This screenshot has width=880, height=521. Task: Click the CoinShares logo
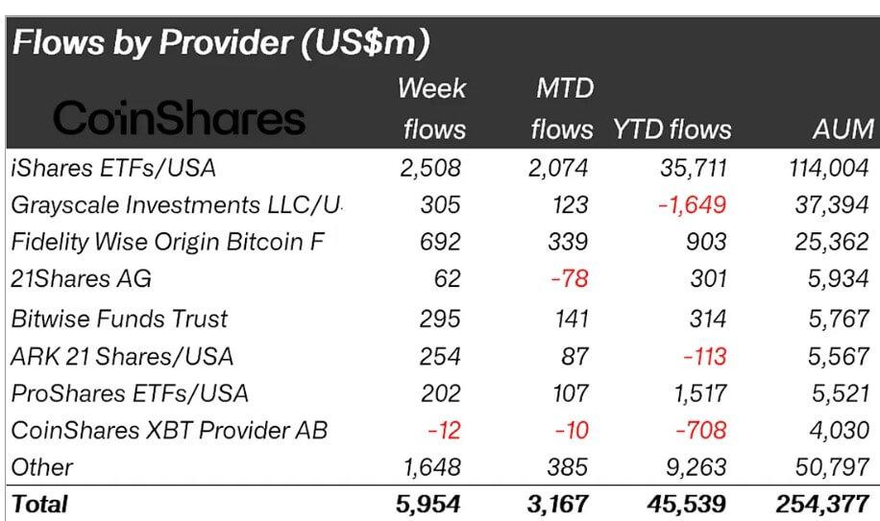point(179,118)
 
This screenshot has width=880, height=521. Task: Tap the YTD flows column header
point(672,129)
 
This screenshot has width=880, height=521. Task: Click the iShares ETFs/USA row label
point(112,168)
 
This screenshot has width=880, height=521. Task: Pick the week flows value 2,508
point(430,168)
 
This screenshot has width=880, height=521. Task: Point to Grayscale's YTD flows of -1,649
point(693,205)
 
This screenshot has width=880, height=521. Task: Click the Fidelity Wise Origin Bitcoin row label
point(168,243)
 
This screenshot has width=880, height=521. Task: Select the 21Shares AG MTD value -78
point(571,280)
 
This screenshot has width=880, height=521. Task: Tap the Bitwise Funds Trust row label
point(119,318)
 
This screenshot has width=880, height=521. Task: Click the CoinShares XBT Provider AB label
point(168,430)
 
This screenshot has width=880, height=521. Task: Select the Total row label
point(39,503)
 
